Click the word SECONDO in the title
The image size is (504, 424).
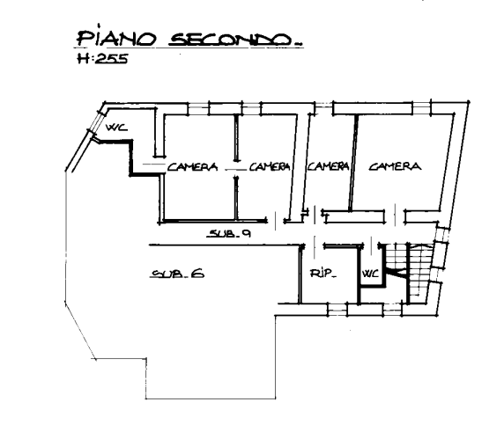pyautogui.click(x=231, y=40)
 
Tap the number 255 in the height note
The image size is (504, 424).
pyautogui.click(x=112, y=59)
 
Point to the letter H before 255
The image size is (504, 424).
pyautogui.click(x=83, y=59)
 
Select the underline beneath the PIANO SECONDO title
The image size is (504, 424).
pyautogui.click(x=189, y=48)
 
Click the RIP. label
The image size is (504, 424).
pyautogui.click(x=323, y=274)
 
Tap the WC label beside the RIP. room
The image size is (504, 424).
pyautogui.click(x=371, y=274)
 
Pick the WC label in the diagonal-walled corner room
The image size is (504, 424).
pyautogui.click(x=116, y=128)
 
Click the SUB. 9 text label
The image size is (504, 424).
pyautogui.click(x=229, y=234)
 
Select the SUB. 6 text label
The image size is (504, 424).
pyautogui.click(x=177, y=274)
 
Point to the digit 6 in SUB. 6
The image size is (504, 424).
pyautogui.click(x=197, y=274)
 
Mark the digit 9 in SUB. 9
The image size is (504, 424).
pyautogui.click(x=246, y=233)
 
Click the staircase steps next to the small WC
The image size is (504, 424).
pyautogui.click(x=409, y=273)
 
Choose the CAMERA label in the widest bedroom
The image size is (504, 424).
pyautogui.click(x=395, y=166)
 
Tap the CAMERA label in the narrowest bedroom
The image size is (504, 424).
pyautogui.click(x=328, y=166)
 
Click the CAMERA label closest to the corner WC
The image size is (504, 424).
pyautogui.click(x=192, y=167)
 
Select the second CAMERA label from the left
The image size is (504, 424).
pyautogui.click(x=270, y=166)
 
